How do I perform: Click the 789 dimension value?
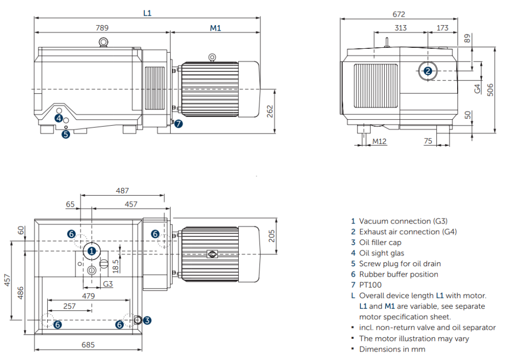click(x=102, y=28)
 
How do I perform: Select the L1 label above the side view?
click(x=147, y=13)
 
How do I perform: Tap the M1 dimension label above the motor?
click(x=216, y=28)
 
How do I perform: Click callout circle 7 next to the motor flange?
click(x=179, y=124)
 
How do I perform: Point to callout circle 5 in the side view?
click(x=66, y=134)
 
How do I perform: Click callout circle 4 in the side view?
click(x=59, y=118)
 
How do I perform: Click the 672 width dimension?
click(x=399, y=13)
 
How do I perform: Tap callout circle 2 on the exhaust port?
click(x=428, y=71)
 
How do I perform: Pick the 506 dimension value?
click(x=490, y=89)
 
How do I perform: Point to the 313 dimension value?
click(x=400, y=28)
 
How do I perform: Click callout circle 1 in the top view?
click(x=91, y=251)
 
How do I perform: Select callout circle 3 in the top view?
click(x=147, y=320)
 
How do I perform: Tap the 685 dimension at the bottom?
click(x=88, y=345)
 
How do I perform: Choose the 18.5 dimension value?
click(x=115, y=265)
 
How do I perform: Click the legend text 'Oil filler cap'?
click(x=380, y=242)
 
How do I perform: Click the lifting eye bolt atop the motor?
click(x=212, y=58)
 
